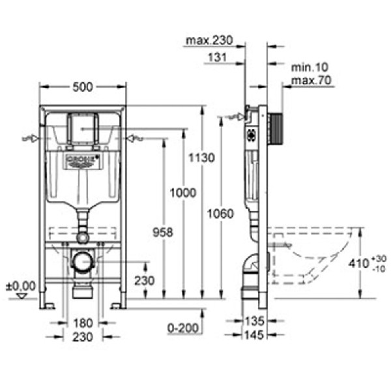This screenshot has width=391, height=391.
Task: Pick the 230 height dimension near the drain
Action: click(144, 282)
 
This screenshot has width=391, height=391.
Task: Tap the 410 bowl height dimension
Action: click(366, 263)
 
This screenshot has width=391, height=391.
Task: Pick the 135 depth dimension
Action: click(255, 322)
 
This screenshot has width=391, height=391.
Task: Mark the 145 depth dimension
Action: click(255, 335)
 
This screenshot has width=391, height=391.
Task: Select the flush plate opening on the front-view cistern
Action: click(82, 128)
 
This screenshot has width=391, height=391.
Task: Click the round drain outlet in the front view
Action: click(82, 261)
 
